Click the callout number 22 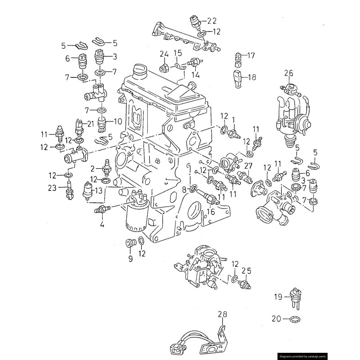211,21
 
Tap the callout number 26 288,72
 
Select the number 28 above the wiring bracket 223,314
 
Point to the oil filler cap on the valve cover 141,71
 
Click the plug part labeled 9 131,243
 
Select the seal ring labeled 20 295,319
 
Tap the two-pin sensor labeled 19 295,297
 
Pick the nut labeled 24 164,68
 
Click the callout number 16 211,211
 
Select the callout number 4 102,223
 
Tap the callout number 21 90,124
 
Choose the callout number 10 117,121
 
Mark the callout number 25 246,271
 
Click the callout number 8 184,190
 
